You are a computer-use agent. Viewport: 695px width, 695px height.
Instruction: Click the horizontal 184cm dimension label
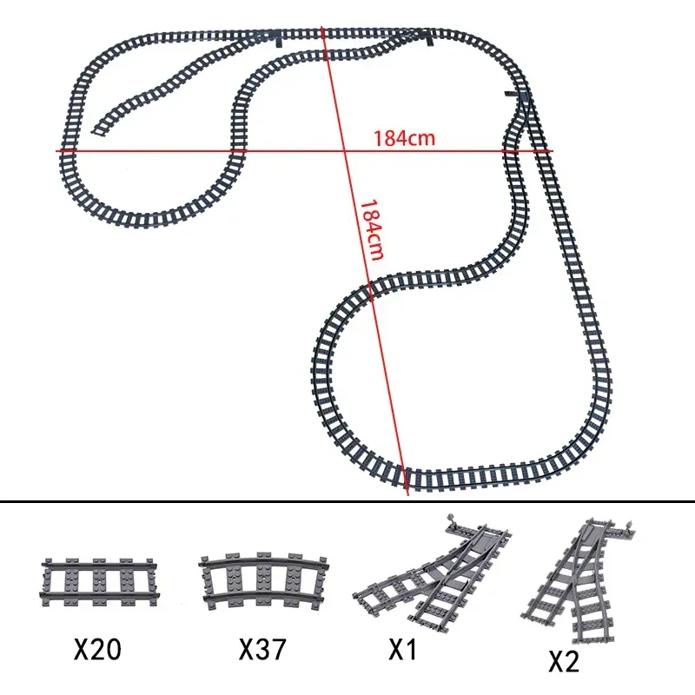click(404, 138)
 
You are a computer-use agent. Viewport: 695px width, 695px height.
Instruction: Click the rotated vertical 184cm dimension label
click(372, 229)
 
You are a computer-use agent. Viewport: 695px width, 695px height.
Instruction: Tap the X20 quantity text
click(97, 649)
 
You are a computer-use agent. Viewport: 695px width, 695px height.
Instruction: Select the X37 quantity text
click(262, 649)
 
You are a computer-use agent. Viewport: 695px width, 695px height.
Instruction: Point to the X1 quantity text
click(402, 649)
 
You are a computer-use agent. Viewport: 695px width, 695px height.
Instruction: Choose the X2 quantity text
click(564, 662)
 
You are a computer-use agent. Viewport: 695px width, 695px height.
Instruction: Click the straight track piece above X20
click(100, 582)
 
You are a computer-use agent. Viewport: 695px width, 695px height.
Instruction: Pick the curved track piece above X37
click(264, 579)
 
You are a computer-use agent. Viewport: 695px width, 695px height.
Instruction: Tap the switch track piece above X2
click(579, 579)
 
